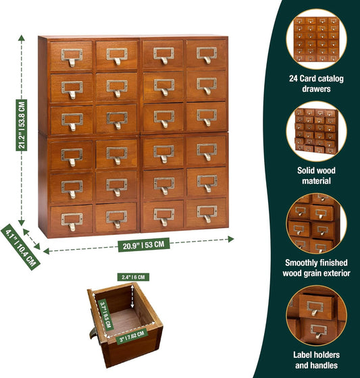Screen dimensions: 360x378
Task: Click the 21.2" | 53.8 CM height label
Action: tap(22, 125)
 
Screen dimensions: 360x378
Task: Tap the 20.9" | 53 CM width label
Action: tap(144, 245)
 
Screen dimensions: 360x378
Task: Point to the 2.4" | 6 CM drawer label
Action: tap(133, 277)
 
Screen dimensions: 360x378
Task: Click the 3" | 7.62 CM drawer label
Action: tap(132, 336)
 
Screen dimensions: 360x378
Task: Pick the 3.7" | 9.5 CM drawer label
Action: tap(105, 315)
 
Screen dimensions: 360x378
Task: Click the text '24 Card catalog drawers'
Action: tap(316, 84)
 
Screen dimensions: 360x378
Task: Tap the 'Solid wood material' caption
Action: tap(316, 175)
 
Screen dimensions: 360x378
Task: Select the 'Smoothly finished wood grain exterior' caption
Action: tap(316, 268)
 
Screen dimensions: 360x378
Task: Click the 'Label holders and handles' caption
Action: tap(316, 360)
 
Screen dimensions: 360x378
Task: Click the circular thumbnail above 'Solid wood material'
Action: tap(316, 132)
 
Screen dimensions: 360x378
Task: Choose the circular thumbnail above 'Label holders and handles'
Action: tap(316, 316)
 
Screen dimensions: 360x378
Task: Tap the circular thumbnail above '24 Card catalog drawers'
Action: tap(316, 39)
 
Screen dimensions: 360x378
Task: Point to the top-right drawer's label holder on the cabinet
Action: tap(207, 53)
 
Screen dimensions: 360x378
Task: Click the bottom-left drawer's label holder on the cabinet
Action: tap(72, 219)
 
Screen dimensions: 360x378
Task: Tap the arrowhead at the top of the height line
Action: tap(22, 38)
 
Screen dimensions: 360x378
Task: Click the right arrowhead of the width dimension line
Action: tap(231, 239)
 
